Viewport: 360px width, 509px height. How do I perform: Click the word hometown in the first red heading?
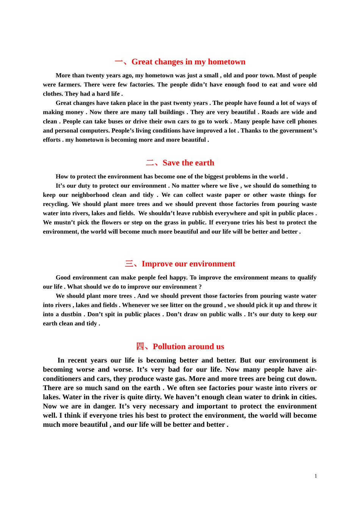226,62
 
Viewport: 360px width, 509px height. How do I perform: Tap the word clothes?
52,94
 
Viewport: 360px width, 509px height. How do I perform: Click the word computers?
96,130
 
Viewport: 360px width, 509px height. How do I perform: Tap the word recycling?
56,204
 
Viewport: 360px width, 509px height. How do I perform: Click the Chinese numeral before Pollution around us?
140,347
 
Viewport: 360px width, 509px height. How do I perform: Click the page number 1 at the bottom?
316,476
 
